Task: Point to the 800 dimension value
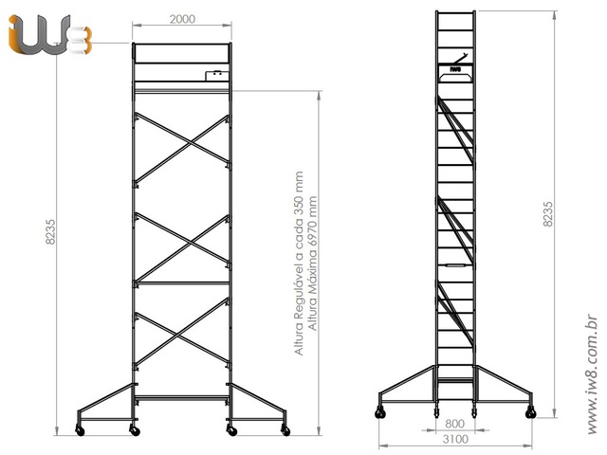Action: click(454, 425)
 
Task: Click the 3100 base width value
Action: click(454, 440)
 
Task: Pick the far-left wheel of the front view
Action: click(80, 432)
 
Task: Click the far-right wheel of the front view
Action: click(285, 432)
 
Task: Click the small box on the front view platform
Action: click(216, 72)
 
